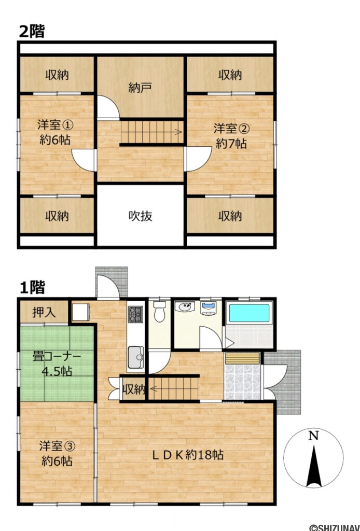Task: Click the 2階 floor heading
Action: click(32, 32)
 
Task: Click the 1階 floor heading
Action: click(32, 287)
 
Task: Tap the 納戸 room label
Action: click(140, 88)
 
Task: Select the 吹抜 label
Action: click(140, 216)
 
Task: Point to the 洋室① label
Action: click(54, 125)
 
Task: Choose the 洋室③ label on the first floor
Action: click(56, 445)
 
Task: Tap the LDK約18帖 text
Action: click(187, 455)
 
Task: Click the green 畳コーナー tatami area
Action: click(57, 364)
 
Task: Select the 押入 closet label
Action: click(43, 313)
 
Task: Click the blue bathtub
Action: click(249, 313)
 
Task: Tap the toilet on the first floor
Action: click(160, 311)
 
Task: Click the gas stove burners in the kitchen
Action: click(135, 313)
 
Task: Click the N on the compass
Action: click(313, 437)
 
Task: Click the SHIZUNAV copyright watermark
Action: click(334, 527)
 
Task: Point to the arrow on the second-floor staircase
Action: click(178, 132)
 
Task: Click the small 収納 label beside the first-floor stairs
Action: click(134, 388)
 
